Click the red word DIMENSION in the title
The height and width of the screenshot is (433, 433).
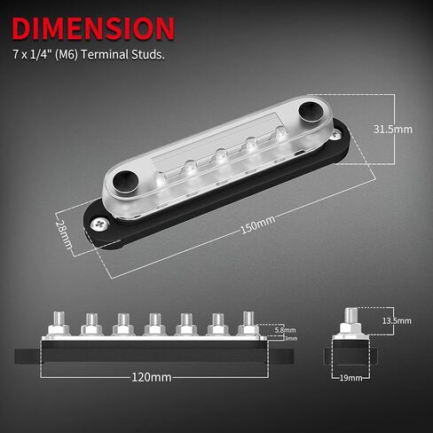click(93, 28)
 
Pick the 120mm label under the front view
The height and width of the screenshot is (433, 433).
click(150, 376)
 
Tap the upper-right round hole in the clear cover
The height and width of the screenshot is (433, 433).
click(311, 111)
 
